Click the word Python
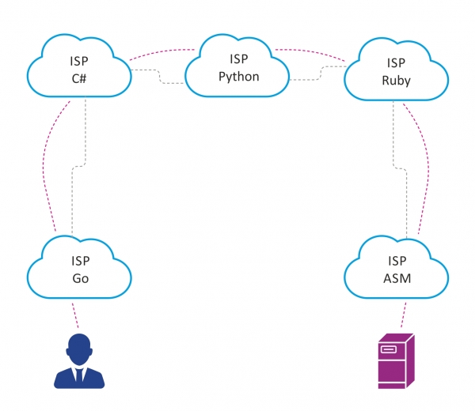tap(238, 77)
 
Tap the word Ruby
tap(396, 80)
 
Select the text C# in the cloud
tap(79, 78)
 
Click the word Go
tap(79, 279)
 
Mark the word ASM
tap(396, 279)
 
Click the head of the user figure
tap(78, 346)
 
